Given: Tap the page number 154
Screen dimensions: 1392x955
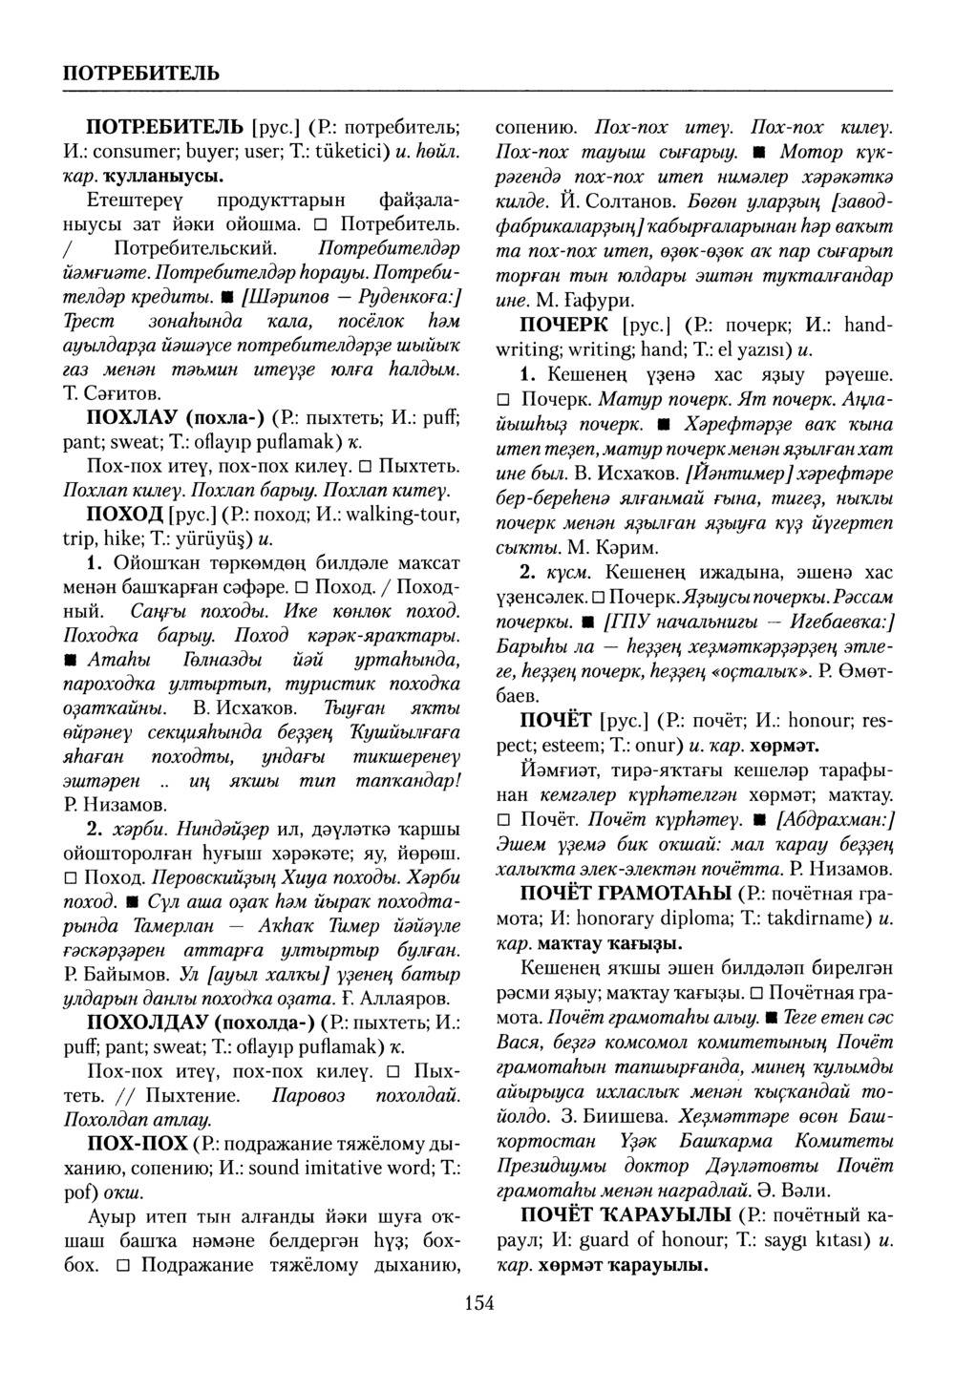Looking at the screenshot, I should pos(478,1302).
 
